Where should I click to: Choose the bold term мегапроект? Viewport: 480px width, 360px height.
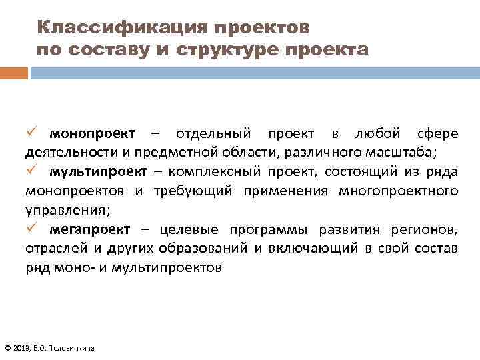tap(91, 231)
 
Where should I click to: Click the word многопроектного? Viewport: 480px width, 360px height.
tap(398, 191)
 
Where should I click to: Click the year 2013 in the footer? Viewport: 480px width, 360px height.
tap(21, 347)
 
